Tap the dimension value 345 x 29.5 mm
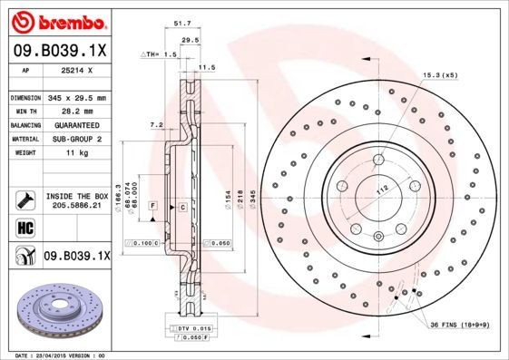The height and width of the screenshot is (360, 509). (76, 97)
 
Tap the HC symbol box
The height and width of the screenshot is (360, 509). (24, 227)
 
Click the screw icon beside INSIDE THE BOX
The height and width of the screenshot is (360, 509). (24, 199)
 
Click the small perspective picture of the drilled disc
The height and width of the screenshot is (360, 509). (56, 311)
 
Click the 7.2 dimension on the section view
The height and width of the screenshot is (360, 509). (154, 124)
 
